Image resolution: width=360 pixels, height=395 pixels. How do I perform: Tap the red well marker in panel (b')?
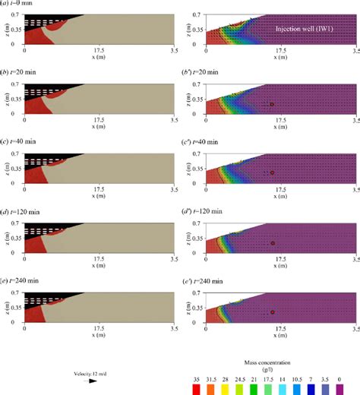pos(271,104)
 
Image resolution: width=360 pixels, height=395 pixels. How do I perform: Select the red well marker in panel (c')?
pos(271,173)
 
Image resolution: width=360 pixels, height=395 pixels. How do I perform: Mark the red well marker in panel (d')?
pos(271,243)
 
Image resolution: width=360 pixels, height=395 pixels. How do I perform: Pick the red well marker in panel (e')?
pos(271,311)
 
